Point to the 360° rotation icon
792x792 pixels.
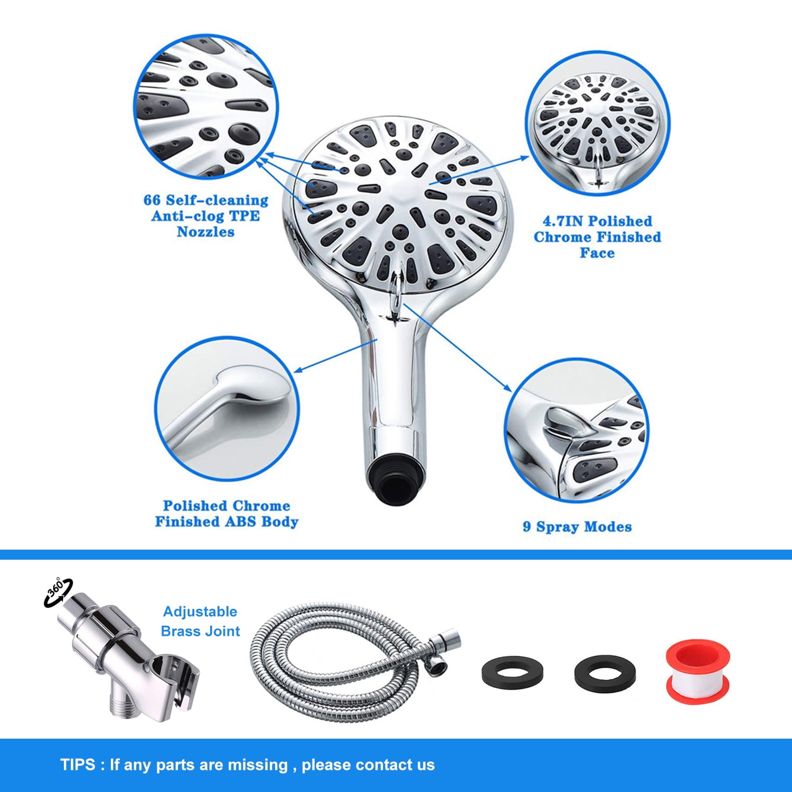point(58,591)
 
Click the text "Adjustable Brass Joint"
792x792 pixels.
point(200,621)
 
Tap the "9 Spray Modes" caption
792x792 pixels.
point(577,526)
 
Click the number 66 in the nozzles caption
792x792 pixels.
point(152,200)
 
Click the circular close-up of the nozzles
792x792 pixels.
point(206,107)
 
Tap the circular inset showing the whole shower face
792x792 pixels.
point(597,124)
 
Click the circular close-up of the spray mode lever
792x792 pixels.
point(576,430)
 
